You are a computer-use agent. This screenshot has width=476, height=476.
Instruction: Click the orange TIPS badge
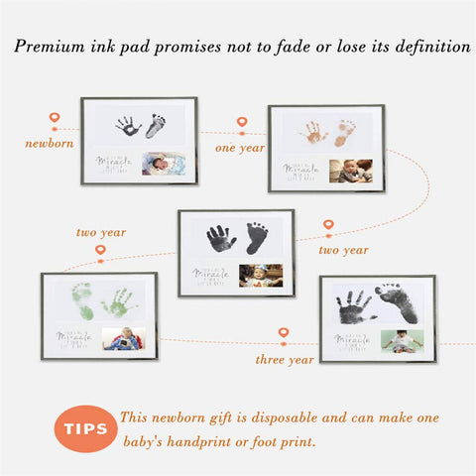pos(86,428)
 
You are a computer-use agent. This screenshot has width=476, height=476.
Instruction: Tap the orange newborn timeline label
pos(49,143)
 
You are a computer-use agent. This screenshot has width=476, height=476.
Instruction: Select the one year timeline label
pos(240,148)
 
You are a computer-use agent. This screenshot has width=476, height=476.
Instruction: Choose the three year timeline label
pos(285,358)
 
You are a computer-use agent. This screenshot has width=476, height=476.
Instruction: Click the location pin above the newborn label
pos(54,119)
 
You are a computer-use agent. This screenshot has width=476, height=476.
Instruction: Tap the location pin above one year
pos(241,123)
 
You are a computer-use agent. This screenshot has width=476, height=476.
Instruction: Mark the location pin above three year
pos(284,334)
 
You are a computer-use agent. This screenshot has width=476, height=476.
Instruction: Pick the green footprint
pos(82,301)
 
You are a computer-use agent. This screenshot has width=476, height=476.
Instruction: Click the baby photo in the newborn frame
pos(164,163)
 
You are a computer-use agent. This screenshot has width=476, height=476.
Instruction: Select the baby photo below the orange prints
pos(350,170)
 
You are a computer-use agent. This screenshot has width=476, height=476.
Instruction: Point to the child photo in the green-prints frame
pos(123,338)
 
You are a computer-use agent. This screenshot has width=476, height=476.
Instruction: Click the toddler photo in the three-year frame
pos(402,341)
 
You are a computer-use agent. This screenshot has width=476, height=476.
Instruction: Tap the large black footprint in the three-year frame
pos(398,303)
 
